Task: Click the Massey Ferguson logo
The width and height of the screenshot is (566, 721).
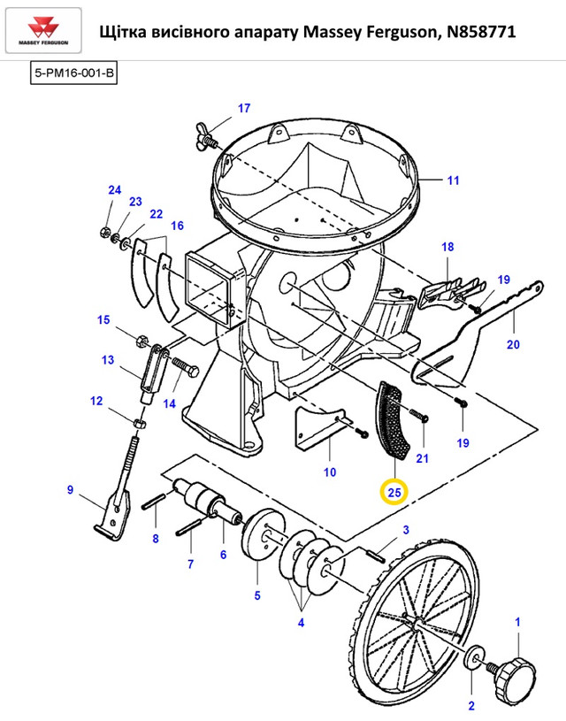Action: [x=43, y=31]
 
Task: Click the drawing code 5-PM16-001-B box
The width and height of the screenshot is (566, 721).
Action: [x=73, y=73]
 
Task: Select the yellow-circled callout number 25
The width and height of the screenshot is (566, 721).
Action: [x=394, y=493]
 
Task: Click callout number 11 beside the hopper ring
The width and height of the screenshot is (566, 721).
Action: [x=454, y=180]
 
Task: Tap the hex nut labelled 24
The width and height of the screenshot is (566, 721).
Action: [x=104, y=231]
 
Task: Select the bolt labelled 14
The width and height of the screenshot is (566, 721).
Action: [x=186, y=367]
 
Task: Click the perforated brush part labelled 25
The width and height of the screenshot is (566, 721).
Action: [x=393, y=420]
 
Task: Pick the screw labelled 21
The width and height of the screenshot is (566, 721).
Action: [x=418, y=415]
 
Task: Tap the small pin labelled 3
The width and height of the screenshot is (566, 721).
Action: [x=375, y=554]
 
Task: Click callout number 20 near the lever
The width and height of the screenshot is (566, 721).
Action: [x=513, y=344]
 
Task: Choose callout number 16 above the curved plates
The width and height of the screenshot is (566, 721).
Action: [x=177, y=226]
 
